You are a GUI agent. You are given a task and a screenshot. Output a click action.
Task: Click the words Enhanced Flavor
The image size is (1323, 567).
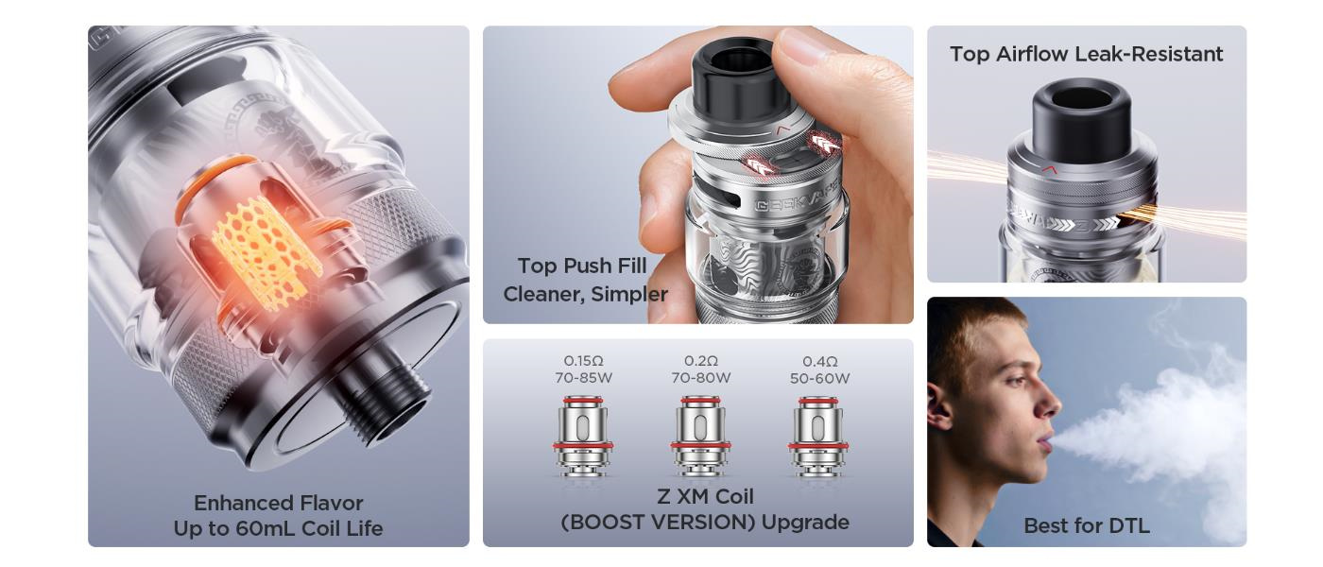(278, 503)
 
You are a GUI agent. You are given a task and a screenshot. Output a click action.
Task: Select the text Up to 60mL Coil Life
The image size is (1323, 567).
(278, 528)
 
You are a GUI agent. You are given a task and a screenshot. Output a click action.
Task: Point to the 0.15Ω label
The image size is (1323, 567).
(583, 361)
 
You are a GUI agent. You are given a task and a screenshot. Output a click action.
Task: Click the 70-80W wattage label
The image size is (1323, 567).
(700, 378)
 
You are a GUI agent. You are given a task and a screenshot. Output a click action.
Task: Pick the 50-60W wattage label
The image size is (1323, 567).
(819, 378)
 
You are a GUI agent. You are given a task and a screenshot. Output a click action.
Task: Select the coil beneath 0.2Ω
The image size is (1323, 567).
(700, 435)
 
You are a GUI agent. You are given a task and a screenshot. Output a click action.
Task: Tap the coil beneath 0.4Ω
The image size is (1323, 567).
(818, 435)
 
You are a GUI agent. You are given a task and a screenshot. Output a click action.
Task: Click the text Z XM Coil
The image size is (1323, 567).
(705, 496)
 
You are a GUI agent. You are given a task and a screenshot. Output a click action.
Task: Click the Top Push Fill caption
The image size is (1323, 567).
(582, 266)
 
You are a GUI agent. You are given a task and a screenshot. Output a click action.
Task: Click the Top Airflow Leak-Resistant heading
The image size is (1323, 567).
(1086, 54)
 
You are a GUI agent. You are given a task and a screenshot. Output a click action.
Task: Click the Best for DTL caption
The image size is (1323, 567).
(1086, 525)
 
